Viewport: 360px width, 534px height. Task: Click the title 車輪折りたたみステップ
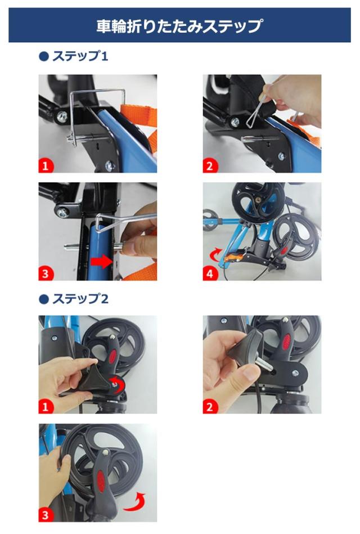click(179, 26)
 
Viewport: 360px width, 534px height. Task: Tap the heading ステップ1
click(80, 56)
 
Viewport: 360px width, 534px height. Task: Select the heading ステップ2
click(80, 299)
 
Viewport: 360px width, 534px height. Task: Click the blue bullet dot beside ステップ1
click(44, 56)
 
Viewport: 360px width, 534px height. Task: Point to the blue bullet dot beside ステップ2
click(44, 299)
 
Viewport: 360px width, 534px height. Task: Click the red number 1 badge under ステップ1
click(46, 166)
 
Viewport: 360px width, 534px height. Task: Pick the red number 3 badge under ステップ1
click(46, 273)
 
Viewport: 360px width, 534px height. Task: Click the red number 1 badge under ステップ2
click(46, 407)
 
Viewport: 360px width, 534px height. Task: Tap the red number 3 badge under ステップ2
click(46, 515)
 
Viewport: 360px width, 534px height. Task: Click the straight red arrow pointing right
click(101, 262)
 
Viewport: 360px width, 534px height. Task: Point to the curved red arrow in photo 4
click(214, 254)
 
